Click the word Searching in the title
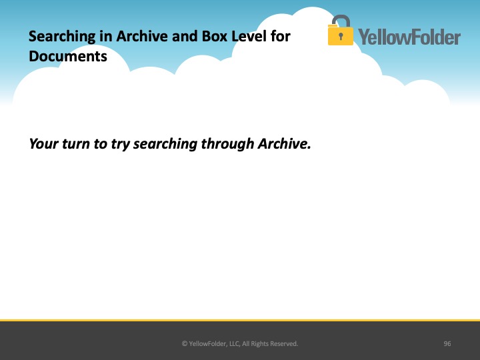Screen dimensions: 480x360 (62, 37)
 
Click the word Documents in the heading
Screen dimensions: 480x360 (68, 56)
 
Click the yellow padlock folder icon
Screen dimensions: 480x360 (341, 30)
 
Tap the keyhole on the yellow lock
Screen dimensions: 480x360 (341, 37)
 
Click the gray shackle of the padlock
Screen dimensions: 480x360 (341, 21)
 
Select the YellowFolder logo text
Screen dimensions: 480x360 (409, 37)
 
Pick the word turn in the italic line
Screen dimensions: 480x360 (76, 144)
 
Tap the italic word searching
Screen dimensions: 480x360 (165, 144)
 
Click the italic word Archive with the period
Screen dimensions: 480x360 (285, 143)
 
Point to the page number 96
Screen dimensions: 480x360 (447, 344)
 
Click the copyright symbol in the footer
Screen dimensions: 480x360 (185, 344)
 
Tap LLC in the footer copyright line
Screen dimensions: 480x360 (234, 344)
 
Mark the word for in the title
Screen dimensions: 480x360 (281, 36)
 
